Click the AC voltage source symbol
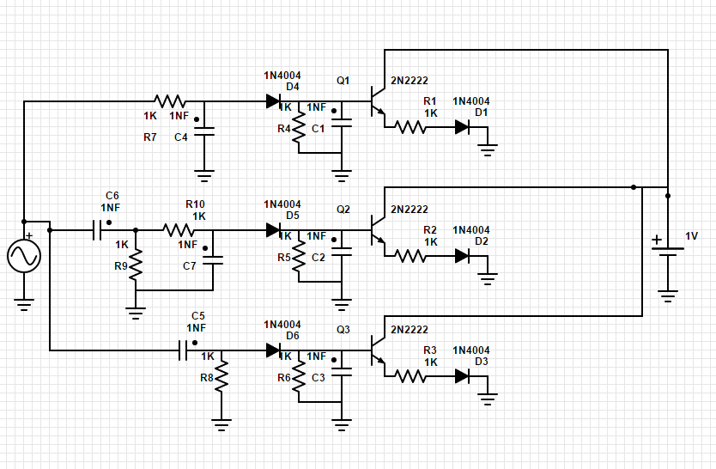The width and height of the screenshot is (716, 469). pyautogui.click(x=24, y=256)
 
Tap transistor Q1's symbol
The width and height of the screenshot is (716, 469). pyautogui.click(x=378, y=101)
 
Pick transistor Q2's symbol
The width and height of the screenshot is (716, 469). pyautogui.click(x=378, y=230)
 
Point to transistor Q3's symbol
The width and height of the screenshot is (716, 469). pyautogui.click(x=378, y=350)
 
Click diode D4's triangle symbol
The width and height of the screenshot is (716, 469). pyautogui.click(x=273, y=101)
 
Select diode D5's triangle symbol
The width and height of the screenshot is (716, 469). pyautogui.click(x=273, y=230)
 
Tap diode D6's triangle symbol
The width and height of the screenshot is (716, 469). pyautogui.click(x=273, y=350)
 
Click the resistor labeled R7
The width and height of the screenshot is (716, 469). pyautogui.click(x=170, y=101)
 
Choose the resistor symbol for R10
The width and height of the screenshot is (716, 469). pyautogui.click(x=179, y=230)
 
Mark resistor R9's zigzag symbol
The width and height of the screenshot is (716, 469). pyautogui.click(x=136, y=265)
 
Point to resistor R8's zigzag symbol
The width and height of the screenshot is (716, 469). pyautogui.click(x=221, y=376)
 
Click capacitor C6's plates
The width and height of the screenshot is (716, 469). pyautogui.click(x=97, y=230)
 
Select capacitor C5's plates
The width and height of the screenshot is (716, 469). pyautogui.click(x=183, y=350)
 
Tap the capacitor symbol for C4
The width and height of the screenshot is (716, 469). pyautogui.click(x=204, y=131)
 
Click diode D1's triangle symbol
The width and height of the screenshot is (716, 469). pyautogui.click(x=462, y=127)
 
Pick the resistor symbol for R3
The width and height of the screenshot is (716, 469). pyautogui.click(x=410, y=376)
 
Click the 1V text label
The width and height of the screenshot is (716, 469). pyautogui.click(x=691, y=236)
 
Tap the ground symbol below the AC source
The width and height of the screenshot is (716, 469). pyautogui.click(x=24, y=305)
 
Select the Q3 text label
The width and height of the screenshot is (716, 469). pyautogui.click(x=343, y=330)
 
